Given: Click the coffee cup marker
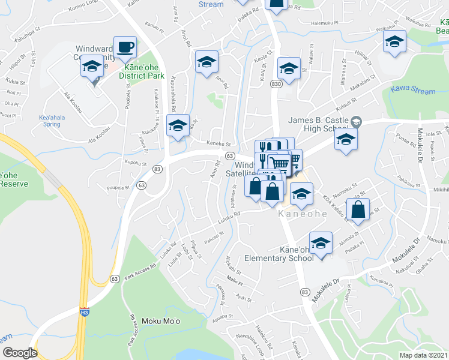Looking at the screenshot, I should pos(125,47).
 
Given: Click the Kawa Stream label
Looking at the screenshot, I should pos(412,91).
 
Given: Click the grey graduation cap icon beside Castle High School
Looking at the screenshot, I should pos(356,122).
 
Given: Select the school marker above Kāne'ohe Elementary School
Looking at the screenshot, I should pos(321,244).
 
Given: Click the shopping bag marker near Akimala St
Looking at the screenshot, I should pos(358,211).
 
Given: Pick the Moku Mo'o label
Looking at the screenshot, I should pos(159,321).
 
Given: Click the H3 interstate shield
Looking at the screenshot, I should pos(84,311).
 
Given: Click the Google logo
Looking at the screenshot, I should pos(20,353).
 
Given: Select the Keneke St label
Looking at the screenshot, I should pos(218,144).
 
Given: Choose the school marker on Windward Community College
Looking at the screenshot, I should pos(92,67).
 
